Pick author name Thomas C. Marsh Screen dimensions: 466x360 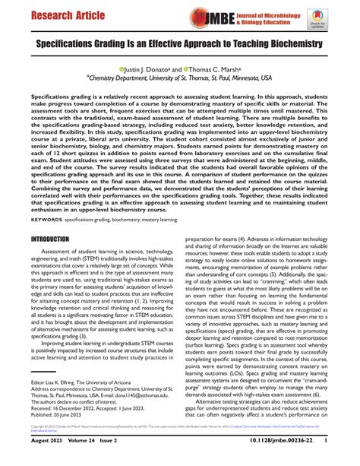pyautogui.click(x=216, y=67)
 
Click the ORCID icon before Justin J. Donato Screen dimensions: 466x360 pyautogui.click(x=120, y=67)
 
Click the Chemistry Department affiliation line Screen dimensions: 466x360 pyautogui.click(x=179, y=77)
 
